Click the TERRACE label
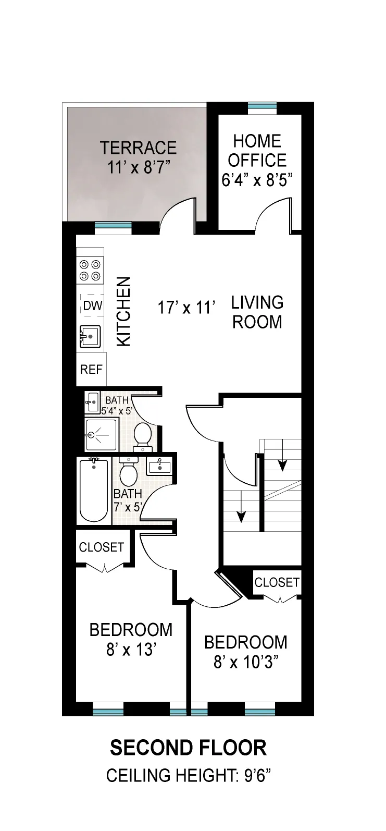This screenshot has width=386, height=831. [x=138, y=148]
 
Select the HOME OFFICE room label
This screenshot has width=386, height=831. [x=257, y=151]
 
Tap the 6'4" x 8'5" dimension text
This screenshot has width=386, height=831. [x=257, y=180]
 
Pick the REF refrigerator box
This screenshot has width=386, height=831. [x=91, y=370]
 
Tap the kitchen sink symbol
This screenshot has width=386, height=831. [x=90, y=336]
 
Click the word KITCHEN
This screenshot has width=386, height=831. [x=123, y=311]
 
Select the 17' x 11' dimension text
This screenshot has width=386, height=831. [x=186, y=308]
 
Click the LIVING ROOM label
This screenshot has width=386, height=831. [x=257, y=312]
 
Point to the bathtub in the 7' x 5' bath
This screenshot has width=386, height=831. [x=94, y=491]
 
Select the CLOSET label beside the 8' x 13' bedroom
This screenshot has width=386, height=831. [x=102, y=547]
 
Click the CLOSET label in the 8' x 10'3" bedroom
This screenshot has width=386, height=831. [x=277, y=582]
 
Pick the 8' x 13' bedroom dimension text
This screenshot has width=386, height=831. [x=131, y=650]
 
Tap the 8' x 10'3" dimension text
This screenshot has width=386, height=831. [x=246, y=662]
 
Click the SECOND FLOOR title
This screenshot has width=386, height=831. [x=188, y=748]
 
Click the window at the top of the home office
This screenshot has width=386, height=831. [x=262, y=108]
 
